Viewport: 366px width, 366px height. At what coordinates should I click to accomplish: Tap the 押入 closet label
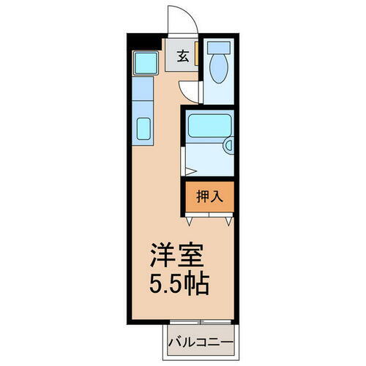click(209, 196)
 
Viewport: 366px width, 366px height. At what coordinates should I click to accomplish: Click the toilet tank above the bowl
click(217, 49)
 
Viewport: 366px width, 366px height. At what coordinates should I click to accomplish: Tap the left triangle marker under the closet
click(190, 218)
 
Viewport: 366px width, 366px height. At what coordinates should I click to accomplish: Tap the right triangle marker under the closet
click(229, 218)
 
